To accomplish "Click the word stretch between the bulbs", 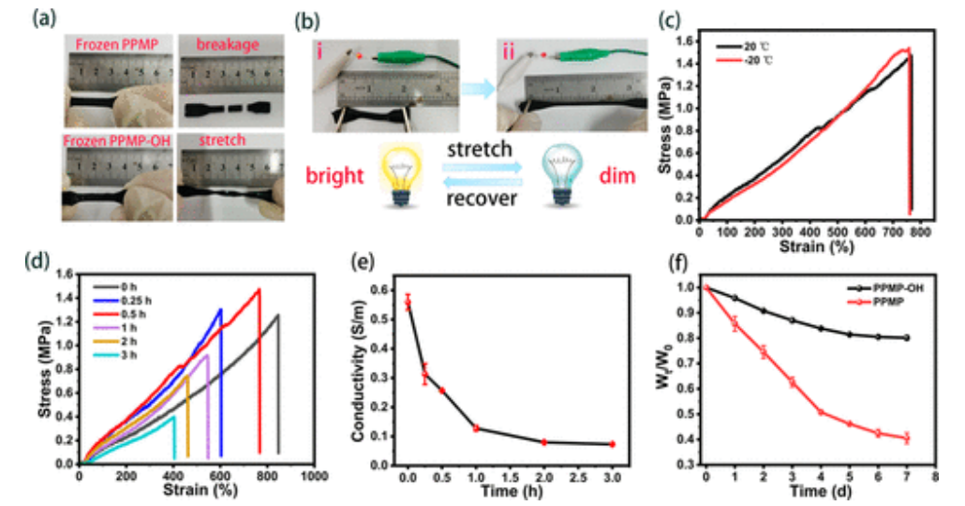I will tap(482, 150).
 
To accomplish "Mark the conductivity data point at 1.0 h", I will tap(476, 428).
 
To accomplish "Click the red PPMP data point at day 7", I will tap(907, 438).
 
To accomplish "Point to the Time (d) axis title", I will tap(806, 490).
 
